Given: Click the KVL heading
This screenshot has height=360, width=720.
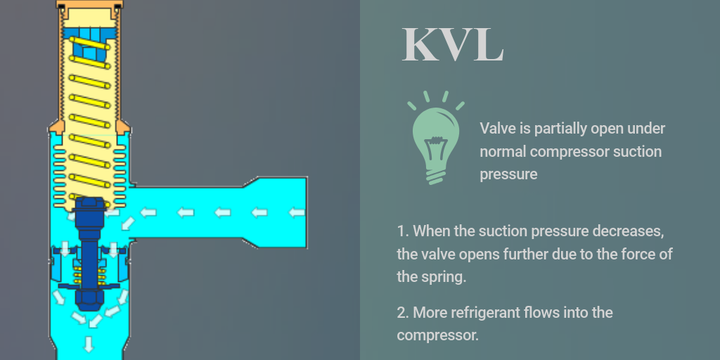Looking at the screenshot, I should pyautogui.click(x=452, y=44).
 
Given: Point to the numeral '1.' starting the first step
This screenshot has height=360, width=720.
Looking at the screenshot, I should pyautogui.click(x=403, y=231).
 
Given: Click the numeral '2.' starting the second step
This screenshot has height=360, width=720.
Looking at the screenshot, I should pyautogui.click(x=404, y=312).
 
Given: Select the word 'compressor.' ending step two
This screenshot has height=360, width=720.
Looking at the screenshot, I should pyautogui.click(x=437, y=335).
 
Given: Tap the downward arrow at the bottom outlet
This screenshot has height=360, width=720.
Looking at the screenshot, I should pyautogui.click(x=88, y=343).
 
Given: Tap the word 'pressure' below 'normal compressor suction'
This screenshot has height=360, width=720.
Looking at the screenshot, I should pyautogui.click(x=508, y=174).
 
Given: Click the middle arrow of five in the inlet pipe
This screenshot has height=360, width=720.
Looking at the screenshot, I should pyautogui.click(x=223, y=212).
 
